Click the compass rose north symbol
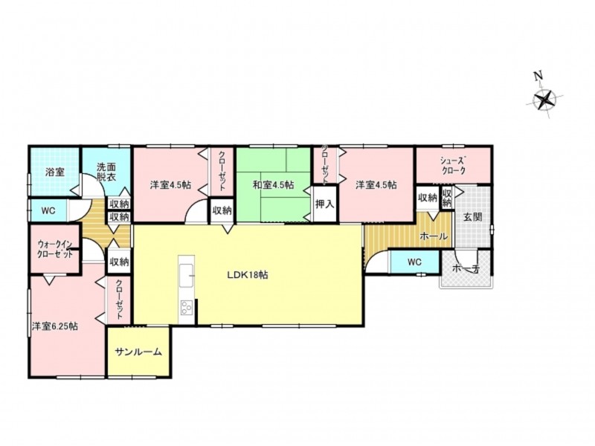(545, 100)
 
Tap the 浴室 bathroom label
(54, 172)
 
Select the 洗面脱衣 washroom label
(106, 172)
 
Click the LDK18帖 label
(248, 275)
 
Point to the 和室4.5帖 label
(273, 185)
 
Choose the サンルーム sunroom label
(138, 352)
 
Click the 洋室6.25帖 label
(55, 326)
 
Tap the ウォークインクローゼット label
(55, 248)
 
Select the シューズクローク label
(453, 165)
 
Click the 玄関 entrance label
(473, 217)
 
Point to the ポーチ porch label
(467, 269)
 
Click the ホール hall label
(434, 236)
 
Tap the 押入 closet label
(325, 204)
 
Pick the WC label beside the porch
(414, 262)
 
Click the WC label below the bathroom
(48, 210)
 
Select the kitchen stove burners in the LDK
(187, 307)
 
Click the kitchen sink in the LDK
(187, 275)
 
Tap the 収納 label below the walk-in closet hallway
(119, 262)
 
